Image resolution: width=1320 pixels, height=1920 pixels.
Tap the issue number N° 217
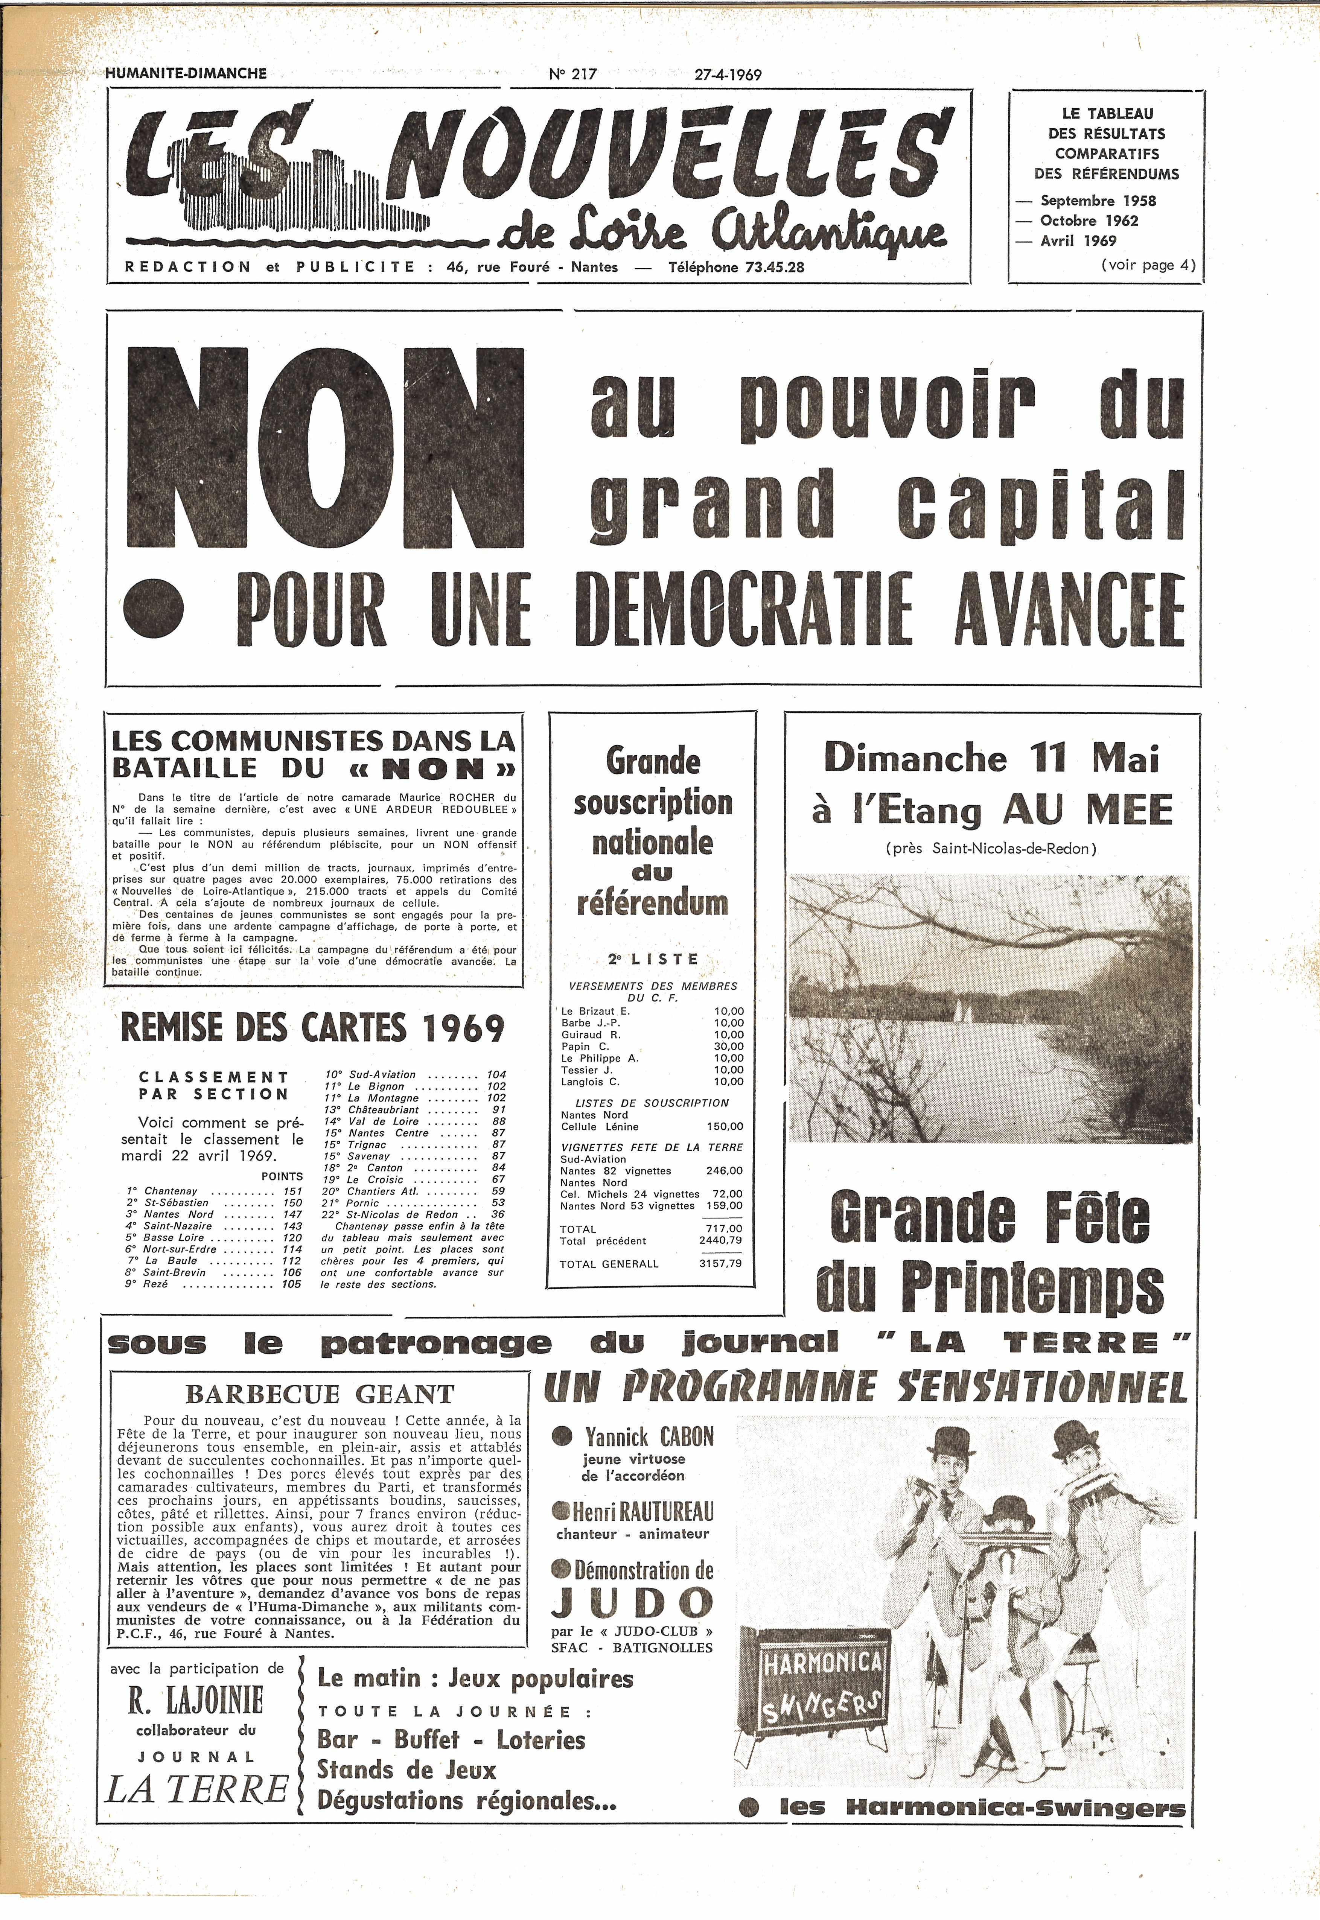pos(572,75)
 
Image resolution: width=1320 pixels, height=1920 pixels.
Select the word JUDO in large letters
pos(632,1602)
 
